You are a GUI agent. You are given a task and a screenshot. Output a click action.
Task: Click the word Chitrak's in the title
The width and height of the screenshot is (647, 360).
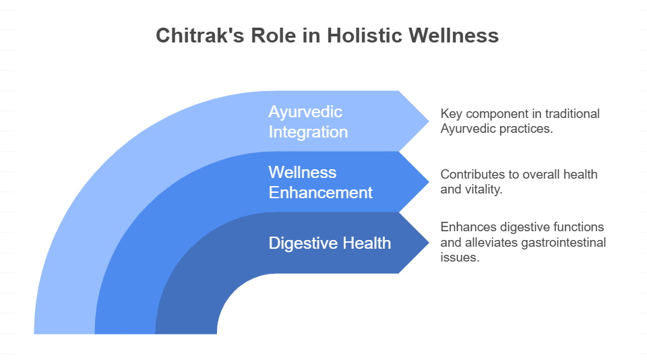tap(200, 35)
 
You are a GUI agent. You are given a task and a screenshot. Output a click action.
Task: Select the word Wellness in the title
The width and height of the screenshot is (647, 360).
tap(454, 35)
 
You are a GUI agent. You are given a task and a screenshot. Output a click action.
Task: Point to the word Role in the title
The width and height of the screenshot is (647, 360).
tap(273, 35)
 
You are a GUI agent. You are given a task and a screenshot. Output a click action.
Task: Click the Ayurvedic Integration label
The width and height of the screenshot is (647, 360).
tap(308, 122)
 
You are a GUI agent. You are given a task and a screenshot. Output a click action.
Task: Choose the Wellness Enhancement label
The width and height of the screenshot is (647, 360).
tap(321, 183)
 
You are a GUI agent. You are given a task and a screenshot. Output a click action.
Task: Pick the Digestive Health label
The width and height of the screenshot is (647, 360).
tap(330, 243)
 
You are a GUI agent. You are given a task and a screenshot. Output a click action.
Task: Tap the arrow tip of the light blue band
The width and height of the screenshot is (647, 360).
tap(429, 121)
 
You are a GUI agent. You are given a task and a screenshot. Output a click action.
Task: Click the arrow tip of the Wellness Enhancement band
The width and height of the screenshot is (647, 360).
tap(429, 182)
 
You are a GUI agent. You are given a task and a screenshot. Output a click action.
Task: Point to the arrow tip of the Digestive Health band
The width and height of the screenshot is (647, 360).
tap(429, 243)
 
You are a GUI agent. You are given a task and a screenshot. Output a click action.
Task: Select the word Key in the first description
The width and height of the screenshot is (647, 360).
tap(450, 113)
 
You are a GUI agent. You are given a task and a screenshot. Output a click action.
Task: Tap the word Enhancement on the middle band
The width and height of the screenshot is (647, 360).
tap(321, 193)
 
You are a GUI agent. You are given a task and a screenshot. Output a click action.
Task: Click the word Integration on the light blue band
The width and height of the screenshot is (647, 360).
tap(308, 132)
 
